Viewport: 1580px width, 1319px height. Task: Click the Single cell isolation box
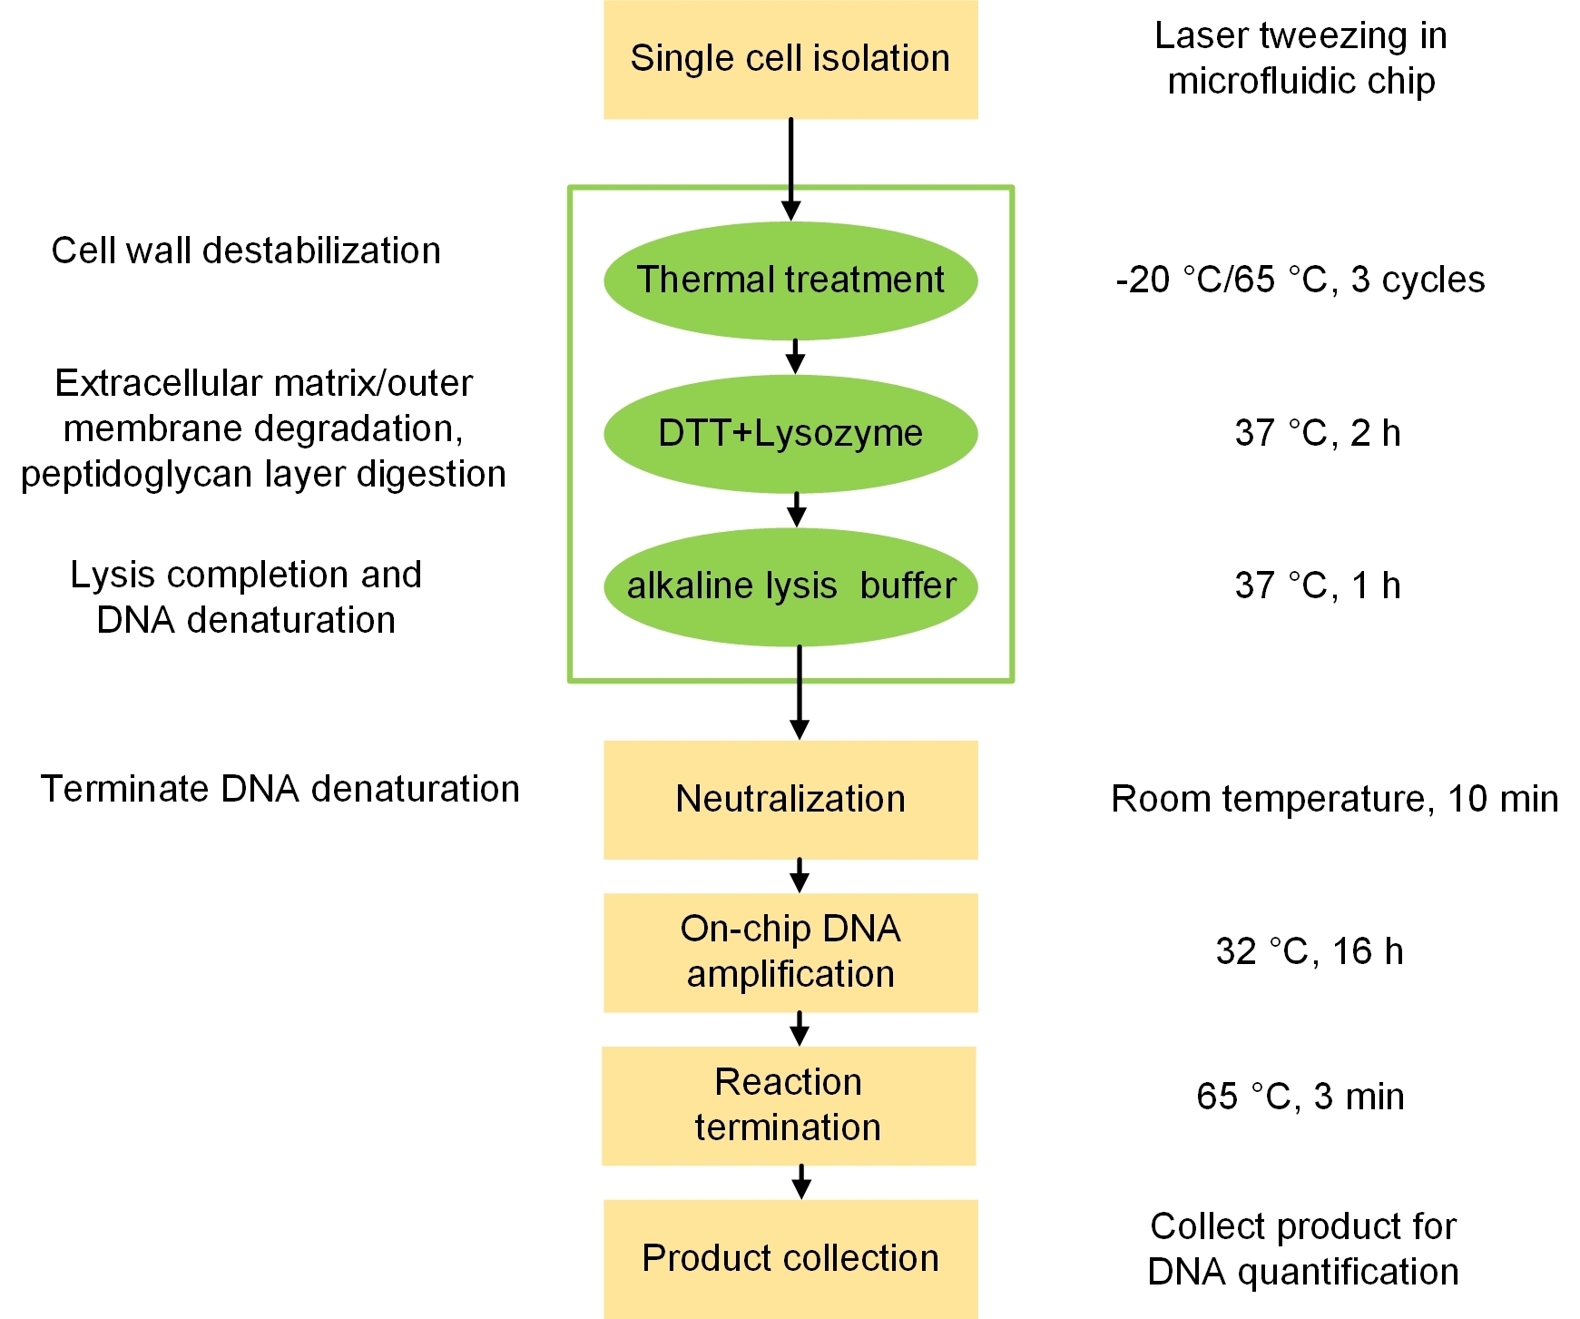pyautogui.click(x=790, y=60)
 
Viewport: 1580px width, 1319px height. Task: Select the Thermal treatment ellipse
pyautogui.click(x=790, y=281)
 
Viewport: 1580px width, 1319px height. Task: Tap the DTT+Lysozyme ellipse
pyautogui.click(x=790, y=434)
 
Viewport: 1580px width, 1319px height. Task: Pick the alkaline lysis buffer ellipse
pyautogui.click(x=790, y=586)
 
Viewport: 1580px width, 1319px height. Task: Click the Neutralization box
pyautogui.click(x=790, y=800)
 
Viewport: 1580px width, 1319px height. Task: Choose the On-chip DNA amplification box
pyautogui.click(x=790, y=952)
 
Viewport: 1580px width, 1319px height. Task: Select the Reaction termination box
pyautogui.click(x=789, y=1106)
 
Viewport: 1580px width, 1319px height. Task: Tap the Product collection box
pyautogui.click(x=790, y=1258)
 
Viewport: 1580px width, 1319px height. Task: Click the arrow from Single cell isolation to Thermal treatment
pyautogui.click(x=791, y=168)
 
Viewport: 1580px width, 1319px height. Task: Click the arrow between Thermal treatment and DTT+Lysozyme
pyautogui.click(x=795, y=357)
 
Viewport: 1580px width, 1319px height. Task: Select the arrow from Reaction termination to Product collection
pyautogui.click(x=800, y=1182)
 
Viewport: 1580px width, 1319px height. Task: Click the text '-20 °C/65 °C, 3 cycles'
pyautogui.click(x=1300, y=280)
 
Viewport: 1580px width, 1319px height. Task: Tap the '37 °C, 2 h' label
pyautogui.click(x=1317, y=433)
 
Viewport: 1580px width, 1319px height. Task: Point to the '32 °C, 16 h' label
pyautogui.click(x=1309, y=951)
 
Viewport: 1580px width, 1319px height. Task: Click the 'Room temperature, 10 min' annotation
pyautogui.click(x=1334, y=799)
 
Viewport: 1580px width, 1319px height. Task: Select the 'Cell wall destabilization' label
pyautogui.click(x=246, y=251)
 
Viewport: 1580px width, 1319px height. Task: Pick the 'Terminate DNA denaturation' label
pyautogui.click(x=280, y=789)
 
